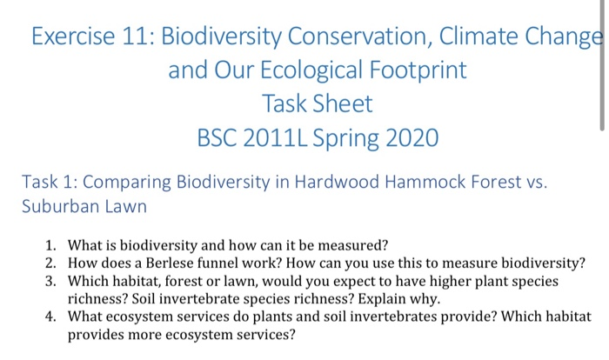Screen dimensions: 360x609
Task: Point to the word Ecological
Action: click(313, 70)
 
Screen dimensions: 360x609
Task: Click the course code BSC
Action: click(221, 137)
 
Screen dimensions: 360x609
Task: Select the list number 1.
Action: click(50, 244)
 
